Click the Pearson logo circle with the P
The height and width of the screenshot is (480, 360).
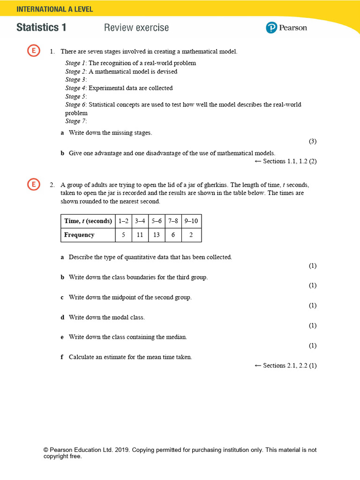[271, 28]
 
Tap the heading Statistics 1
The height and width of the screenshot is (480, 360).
[41, 28]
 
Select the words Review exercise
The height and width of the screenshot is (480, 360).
[136, 28]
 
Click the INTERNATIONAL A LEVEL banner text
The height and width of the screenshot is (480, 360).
[55, 9]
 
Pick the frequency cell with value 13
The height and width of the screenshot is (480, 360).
[157, 235]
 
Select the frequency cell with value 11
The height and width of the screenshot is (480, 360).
[140, 235]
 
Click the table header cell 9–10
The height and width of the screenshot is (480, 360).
[191, 221]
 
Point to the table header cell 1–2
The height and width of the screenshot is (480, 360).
[123, 221]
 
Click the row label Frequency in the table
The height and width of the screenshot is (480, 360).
[79, 235]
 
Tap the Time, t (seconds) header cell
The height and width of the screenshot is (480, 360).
[88, 221]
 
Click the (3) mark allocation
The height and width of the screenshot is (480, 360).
[313, 141]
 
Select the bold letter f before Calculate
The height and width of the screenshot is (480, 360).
[62, 357]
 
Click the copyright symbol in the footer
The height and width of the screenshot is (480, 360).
[46, 450]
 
